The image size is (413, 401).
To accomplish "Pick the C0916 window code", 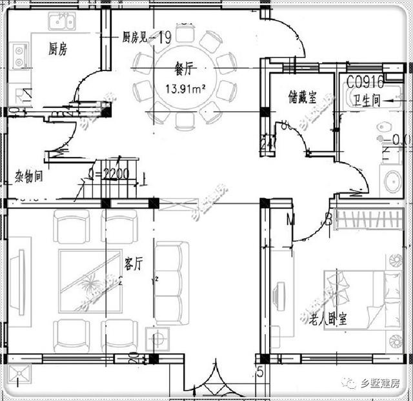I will point(365,82).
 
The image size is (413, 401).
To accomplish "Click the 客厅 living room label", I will point(134,264).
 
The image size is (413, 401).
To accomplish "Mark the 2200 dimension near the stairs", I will point(110,174).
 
